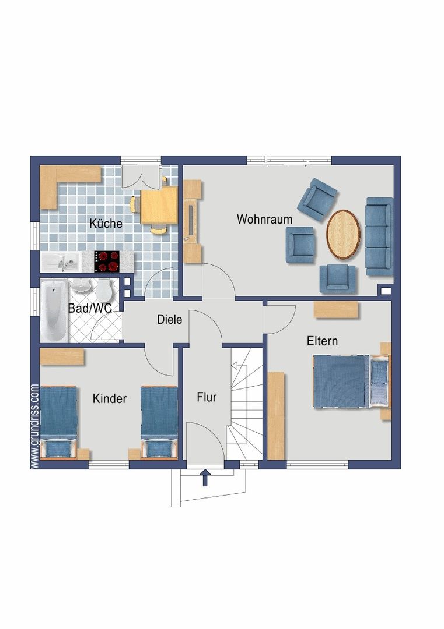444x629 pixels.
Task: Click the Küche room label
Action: [106, 223]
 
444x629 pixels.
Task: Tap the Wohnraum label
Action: [264, 219]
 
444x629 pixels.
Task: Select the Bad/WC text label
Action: [90, 308]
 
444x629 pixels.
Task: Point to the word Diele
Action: [169, 320]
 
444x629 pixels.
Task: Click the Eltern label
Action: [322, 341]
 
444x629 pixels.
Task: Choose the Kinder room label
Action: [109, 398]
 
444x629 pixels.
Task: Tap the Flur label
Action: [207, 397]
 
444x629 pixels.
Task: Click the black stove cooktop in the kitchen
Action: [107, 262]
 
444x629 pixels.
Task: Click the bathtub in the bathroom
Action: [54, 310]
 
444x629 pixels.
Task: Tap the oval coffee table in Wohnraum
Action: [342, 235]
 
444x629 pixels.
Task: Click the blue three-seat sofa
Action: [379, 236]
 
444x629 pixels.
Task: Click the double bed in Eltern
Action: [351, 381]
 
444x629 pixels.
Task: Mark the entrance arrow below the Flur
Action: [205, 478]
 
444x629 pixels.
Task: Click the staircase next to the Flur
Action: [246, 404]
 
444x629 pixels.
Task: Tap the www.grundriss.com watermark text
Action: [34, 426]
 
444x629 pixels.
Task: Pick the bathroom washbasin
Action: [82, 285]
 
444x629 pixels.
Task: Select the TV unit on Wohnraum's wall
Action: [193, 221]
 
